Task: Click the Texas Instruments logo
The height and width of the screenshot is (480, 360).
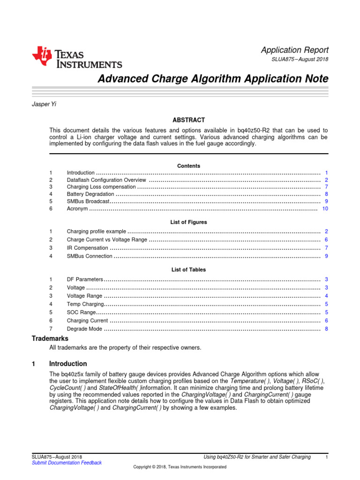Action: (77, 58)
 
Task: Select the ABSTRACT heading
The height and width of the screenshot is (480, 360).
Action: (188, 120)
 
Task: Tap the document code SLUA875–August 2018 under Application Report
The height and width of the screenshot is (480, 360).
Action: (300, 60)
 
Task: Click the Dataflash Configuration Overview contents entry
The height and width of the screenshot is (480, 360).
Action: (107, 180)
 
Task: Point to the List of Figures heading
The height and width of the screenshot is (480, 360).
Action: (188, 222)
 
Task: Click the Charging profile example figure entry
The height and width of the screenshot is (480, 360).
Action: (97, 232)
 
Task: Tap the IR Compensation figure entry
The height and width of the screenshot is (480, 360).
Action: (87, 248)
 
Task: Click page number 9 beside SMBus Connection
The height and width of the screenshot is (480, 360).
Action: (326, 256)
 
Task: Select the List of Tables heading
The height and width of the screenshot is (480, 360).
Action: (188, 270)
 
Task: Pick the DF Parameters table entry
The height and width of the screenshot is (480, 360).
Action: (85, 279)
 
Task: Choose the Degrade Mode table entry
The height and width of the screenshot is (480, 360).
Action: (84, 329)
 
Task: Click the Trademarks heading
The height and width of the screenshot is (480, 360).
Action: (50, 338)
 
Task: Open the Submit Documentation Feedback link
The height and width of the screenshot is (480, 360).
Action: (66, 463)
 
